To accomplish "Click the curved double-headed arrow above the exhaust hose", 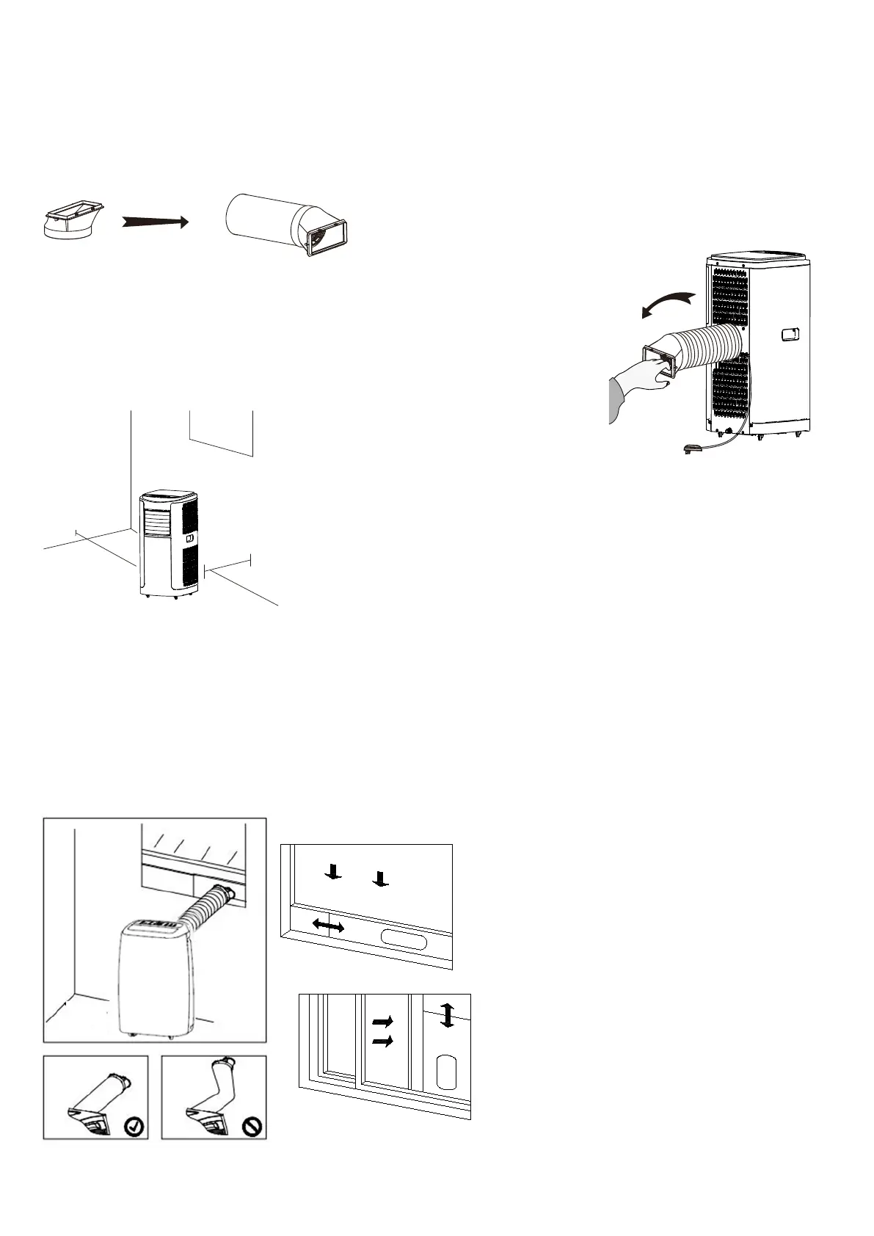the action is pyautogui.click(x=667, y=303).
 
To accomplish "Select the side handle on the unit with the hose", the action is pyautogui.click(x=790, y=334).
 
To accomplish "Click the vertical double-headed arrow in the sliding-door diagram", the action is pyautogui.click(x=447, y=1016).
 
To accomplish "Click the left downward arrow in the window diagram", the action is pyautogui.click(x=334, y=872).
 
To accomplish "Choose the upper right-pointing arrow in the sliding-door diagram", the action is pyautogui.click(x=383, y=1021).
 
